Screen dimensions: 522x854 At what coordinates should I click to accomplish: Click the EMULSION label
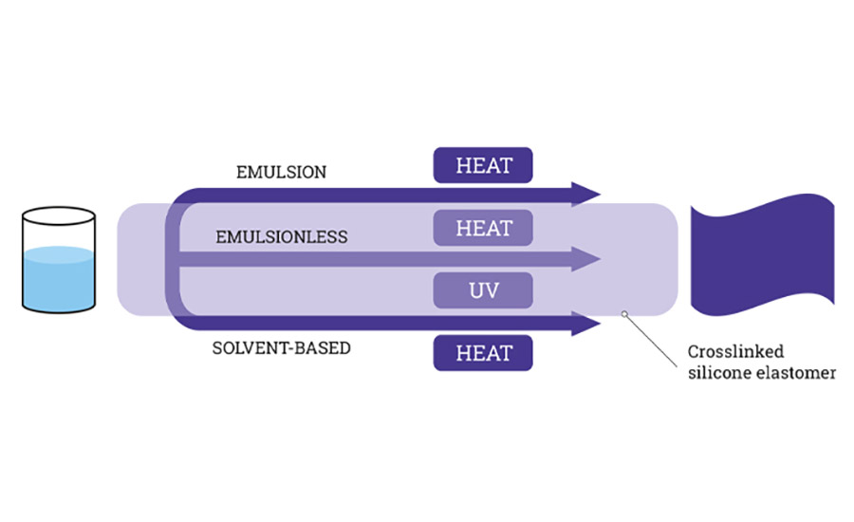click(x=281, y=173)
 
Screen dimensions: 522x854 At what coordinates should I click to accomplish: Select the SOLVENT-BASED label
click(x=281, y=348)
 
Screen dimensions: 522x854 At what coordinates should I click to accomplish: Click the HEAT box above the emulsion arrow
click(x=483, y=164)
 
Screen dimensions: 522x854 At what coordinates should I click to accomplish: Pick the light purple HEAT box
click(x=483, y=228)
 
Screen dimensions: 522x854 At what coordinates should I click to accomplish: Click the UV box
click(x=483, y=290)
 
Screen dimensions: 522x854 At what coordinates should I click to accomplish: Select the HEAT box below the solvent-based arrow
click(x=483, y=353)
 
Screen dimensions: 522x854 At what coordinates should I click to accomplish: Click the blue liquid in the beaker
click(x=59, y=275)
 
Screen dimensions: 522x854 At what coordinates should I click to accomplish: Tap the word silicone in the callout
click(x=719, y=373)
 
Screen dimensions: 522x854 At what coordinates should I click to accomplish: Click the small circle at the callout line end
click(x=623, y=312)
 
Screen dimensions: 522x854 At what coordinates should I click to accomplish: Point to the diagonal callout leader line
click(x=655, y=334)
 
